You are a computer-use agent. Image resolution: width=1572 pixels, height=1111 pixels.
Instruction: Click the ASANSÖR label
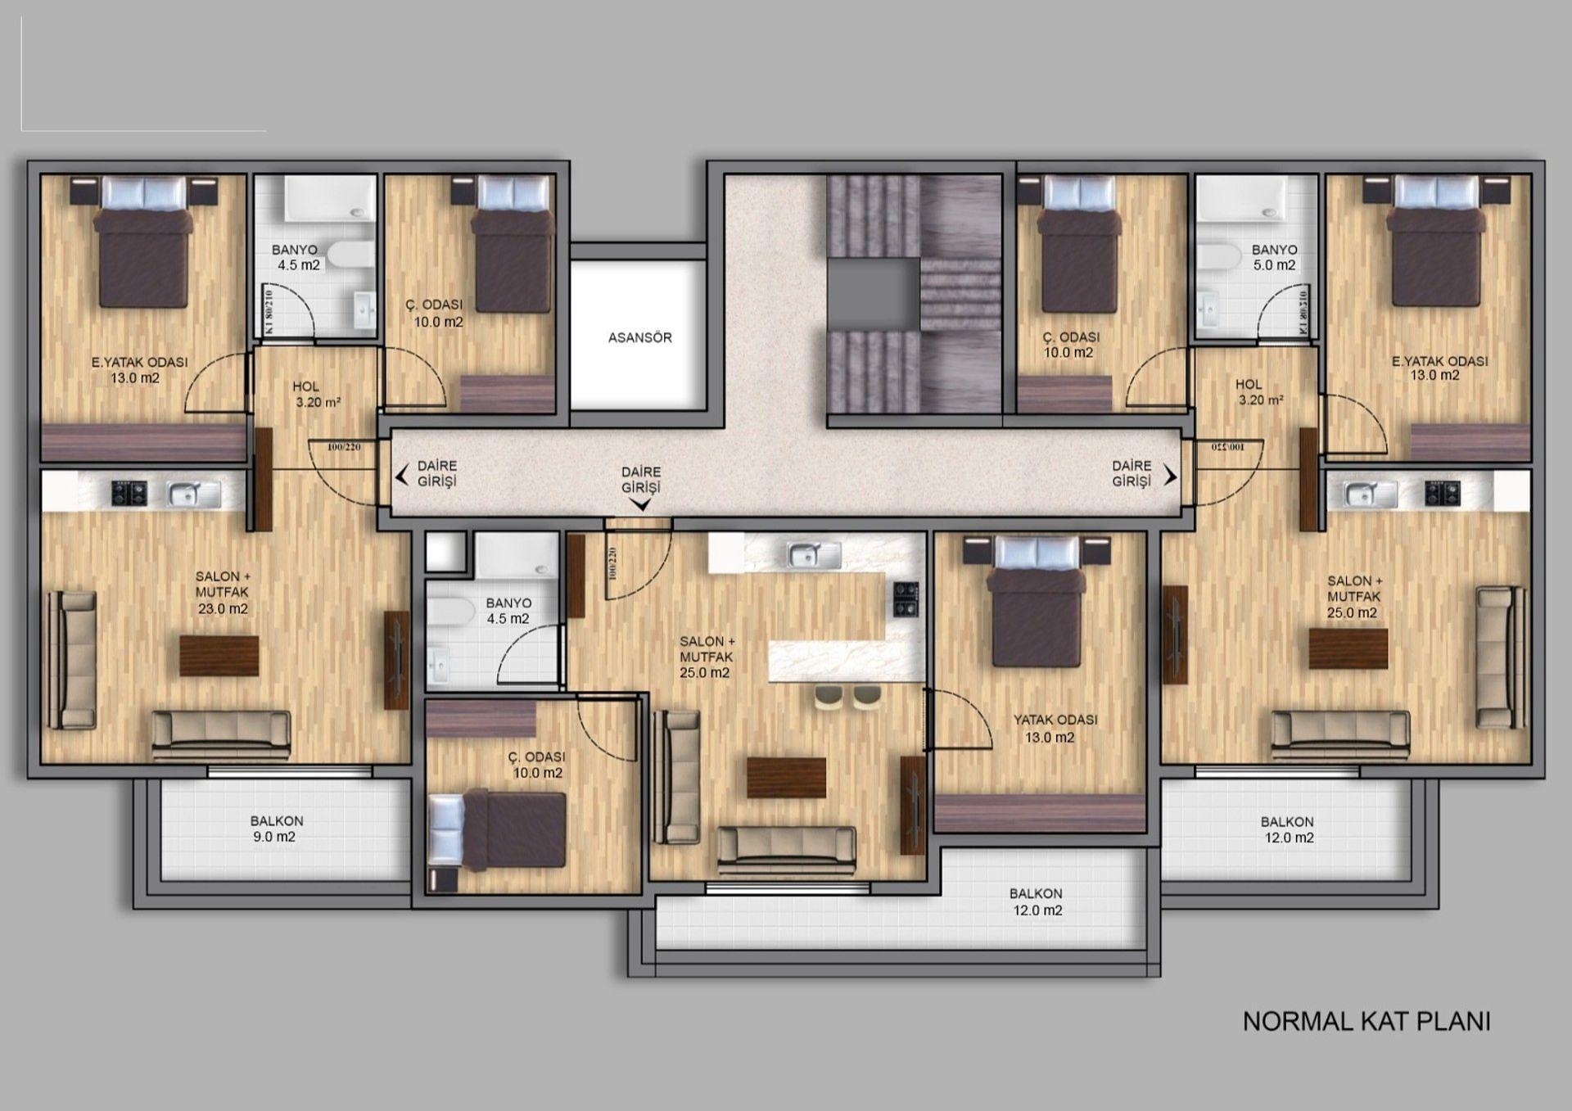point(639,337)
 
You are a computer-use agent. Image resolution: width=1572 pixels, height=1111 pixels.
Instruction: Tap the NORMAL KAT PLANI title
point(1366,1021)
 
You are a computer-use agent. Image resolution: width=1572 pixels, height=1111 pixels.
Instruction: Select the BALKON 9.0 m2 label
point(276,829)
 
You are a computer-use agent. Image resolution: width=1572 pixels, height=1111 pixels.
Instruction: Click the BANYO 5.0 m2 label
point(1274,257)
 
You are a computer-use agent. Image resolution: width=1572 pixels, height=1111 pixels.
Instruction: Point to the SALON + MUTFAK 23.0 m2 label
point(222,592)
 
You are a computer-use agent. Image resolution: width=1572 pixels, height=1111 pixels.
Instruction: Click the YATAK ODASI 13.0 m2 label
point(1055,728)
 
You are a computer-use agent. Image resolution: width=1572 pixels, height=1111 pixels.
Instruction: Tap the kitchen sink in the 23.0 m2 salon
point(194,494)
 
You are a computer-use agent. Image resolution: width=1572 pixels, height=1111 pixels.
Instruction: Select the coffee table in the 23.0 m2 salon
point(219,656)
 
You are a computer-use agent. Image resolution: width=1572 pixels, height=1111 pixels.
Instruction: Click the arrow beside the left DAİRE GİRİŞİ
point(402,475)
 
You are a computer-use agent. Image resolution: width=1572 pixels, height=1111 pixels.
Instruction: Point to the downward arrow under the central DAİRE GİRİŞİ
point(642,505)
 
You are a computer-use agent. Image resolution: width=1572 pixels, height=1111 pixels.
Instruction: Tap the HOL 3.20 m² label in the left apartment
point(307,394)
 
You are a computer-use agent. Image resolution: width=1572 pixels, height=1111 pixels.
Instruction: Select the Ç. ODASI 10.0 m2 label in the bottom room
point(537,765)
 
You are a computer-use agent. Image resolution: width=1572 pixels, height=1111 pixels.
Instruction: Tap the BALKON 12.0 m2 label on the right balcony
point(1288,829)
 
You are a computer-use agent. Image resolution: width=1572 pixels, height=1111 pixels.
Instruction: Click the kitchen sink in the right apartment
point(1371,494)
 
